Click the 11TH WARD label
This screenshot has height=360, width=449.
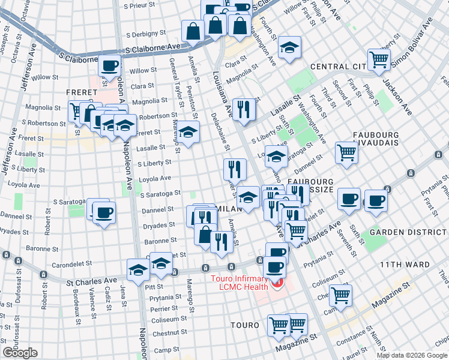pyautogui.click(x=404, y=265)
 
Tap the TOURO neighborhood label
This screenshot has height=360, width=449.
pyautogui.click(x=245, y=325)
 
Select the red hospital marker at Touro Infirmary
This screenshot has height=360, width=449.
pyautogui.click(x=277, y=283)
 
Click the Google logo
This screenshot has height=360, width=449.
pyautogui.click(x=20, y=353)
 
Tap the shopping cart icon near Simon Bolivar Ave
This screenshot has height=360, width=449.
pyautogui.click(x=379, y=59)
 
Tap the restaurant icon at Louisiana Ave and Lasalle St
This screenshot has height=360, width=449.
pyautogui.click(x=244, y=109)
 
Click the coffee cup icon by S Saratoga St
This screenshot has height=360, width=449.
pyautogui.click(x=104, y=211)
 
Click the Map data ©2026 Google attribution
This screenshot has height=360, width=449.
pyautogui.click(x=411, y=355)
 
